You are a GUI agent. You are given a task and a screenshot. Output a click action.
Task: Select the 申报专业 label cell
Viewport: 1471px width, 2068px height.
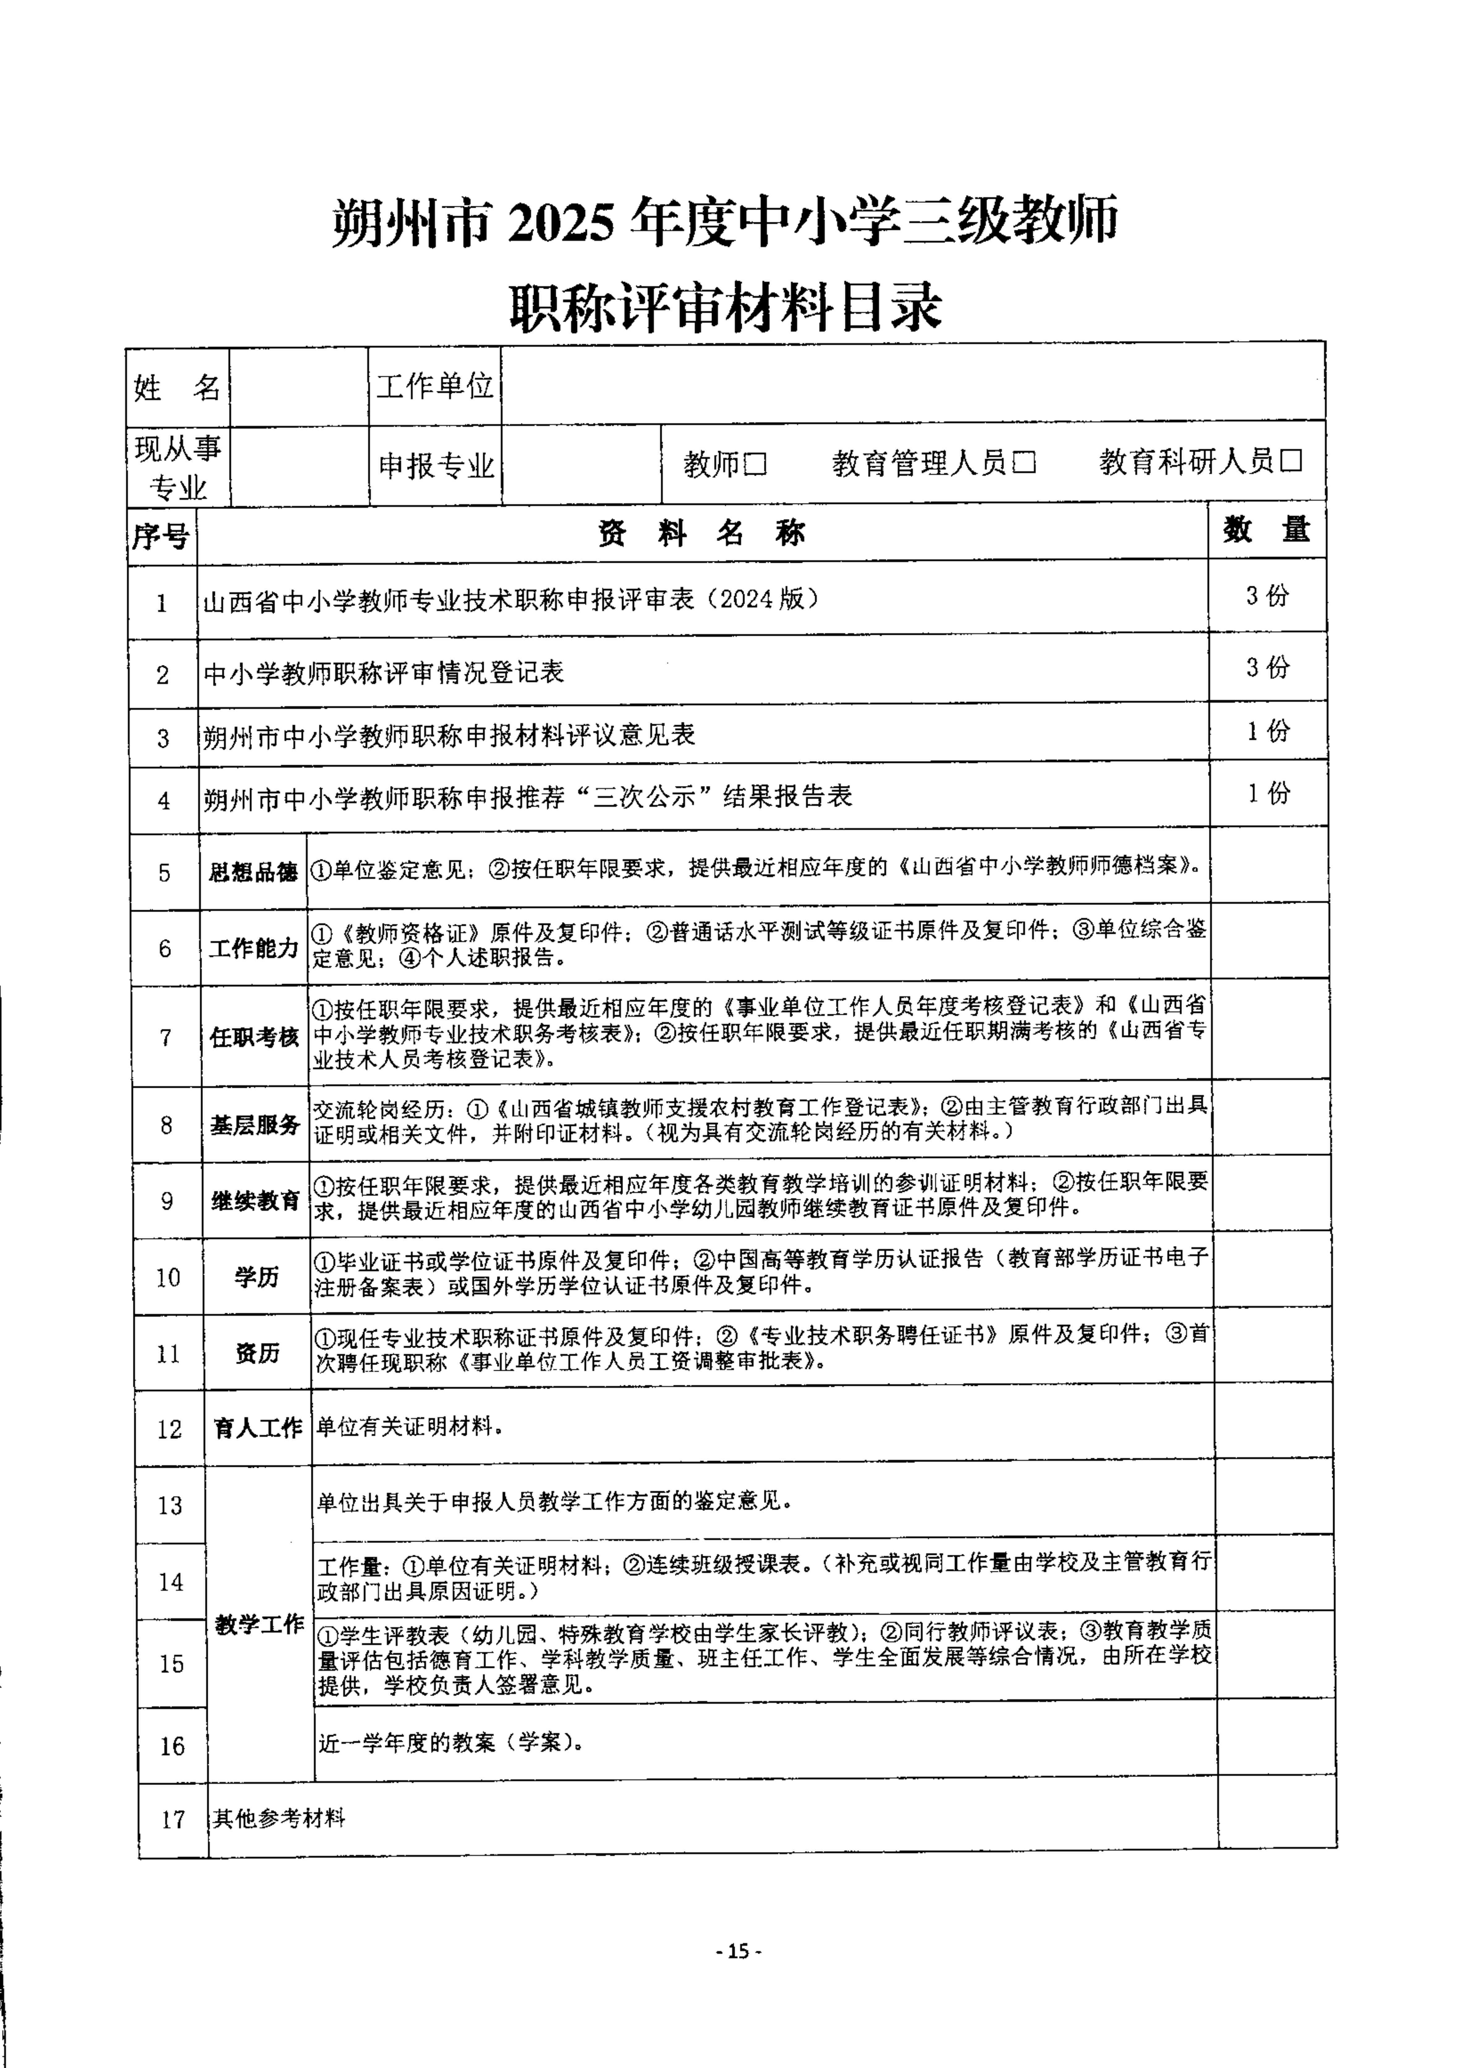[436, 465]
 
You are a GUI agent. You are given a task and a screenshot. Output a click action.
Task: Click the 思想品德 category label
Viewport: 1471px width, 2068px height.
[254, 872]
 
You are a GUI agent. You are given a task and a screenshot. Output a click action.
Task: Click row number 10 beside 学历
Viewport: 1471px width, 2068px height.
[168, 1278]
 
